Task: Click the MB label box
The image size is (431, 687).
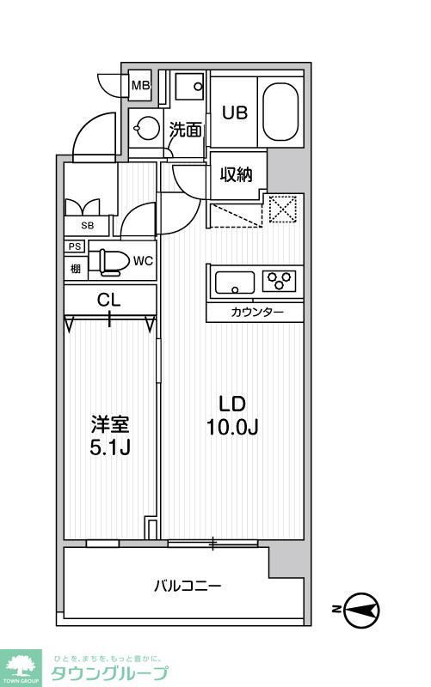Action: coord(140,86)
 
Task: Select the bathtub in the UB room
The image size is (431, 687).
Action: coord(278,112)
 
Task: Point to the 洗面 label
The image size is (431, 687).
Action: coord(185,131)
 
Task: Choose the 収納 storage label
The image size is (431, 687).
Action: coord(236,175)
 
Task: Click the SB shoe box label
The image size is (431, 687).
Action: coord(87,225)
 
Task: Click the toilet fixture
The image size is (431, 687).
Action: coord(108,260)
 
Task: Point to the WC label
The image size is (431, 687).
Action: coord(143,261)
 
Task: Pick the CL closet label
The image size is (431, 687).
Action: coord(108,300)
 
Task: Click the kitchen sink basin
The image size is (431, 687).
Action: coord(234,281)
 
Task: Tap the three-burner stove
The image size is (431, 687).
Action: coord(280,280)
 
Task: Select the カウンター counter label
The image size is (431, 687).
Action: coord(256,313)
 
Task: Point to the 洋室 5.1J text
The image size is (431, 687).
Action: coord(111,435)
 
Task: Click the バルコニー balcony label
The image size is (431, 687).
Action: coord(188,587)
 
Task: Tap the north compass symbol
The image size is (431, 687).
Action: coord(360,610)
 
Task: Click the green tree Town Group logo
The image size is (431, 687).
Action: coord(24,663)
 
